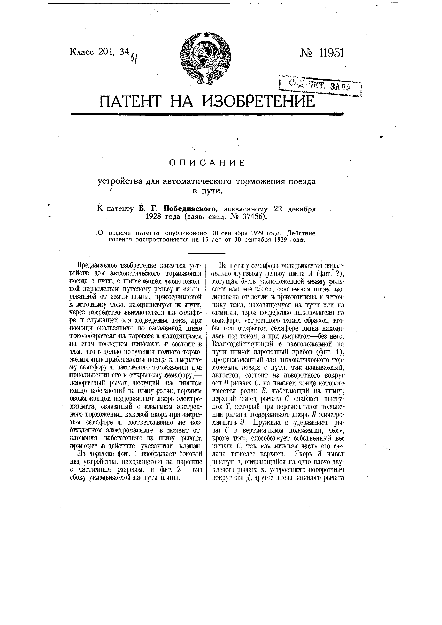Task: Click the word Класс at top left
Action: (x=82, y=52)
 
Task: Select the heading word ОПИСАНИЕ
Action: (x=207, y=163)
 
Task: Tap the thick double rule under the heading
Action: (x=207, y=115)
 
